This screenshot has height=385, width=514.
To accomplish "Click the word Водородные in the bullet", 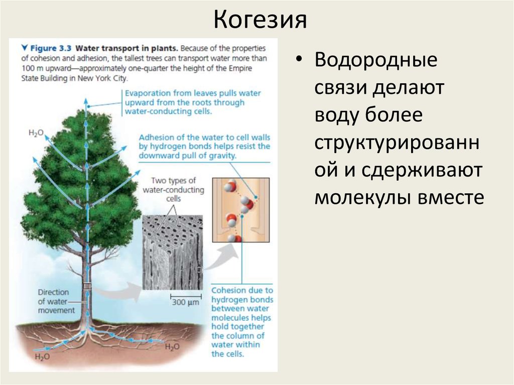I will tap(376, 62).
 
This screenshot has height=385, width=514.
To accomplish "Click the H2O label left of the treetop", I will tap(36, 133).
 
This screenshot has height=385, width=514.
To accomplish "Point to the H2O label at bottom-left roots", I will tap(42, 357).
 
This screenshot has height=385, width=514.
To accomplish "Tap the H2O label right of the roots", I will tap(172, 347).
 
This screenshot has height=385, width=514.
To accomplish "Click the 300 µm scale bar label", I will tap(185, 303).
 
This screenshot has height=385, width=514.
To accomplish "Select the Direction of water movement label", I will tap(56, 301).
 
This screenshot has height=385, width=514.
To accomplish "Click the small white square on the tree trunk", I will tap(87, 286).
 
